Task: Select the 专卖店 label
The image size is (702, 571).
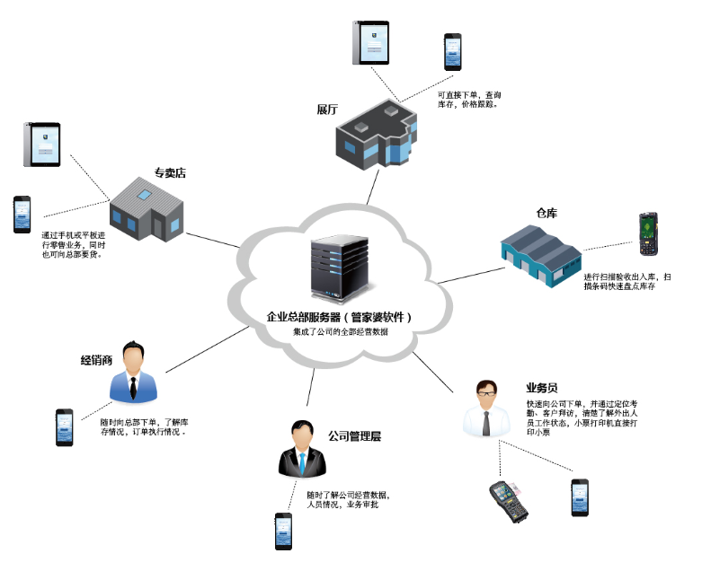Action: coord(170,172)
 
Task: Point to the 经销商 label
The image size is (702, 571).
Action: coord(96,361)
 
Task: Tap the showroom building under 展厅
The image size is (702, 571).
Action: coord(376,136)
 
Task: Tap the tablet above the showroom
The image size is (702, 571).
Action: coord(370,43)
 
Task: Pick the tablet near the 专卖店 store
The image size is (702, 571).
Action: coord(41,145)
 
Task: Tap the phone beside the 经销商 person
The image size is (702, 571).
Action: coord(64,427)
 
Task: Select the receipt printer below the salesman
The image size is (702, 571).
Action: coord(508,501)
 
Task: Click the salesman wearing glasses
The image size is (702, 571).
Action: coord(485,409)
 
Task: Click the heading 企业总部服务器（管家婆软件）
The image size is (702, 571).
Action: coord(341,317)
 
